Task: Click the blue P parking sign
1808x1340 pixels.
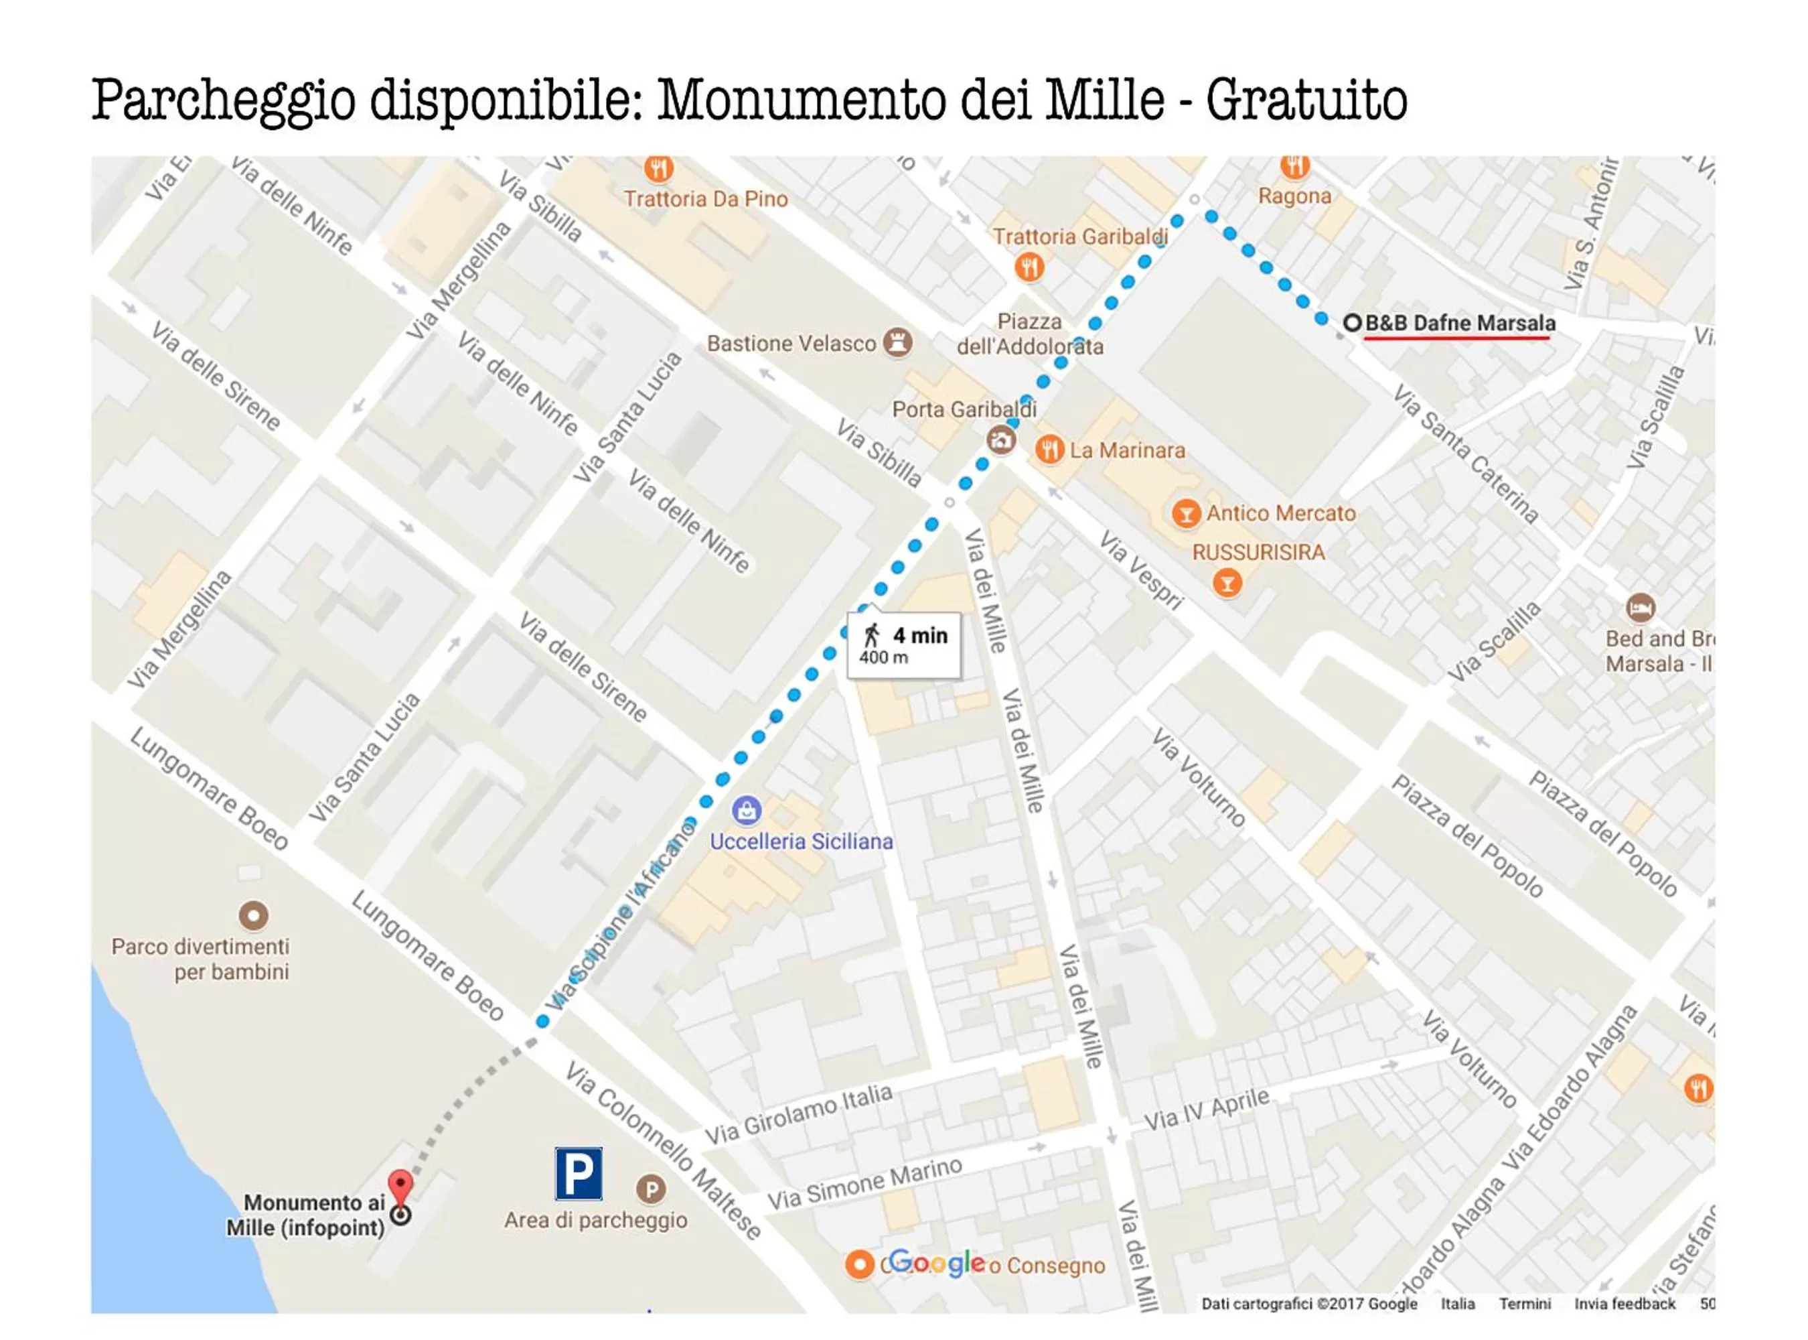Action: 578,1173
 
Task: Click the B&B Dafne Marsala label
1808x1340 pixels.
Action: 1459,323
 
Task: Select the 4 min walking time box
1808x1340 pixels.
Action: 904,645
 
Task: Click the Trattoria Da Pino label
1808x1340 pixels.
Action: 705,199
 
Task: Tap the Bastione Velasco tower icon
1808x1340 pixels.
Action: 897,342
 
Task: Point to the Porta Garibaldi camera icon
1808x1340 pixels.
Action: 1001,440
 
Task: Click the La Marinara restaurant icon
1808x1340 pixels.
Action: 1049,450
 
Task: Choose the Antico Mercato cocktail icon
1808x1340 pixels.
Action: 1185,513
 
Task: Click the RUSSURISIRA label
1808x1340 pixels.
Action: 1258,552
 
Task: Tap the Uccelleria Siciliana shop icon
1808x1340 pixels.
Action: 746,809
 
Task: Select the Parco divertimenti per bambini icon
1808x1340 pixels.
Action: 253,916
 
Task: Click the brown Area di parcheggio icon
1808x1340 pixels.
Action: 650,1189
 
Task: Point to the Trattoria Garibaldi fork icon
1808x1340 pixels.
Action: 1029,267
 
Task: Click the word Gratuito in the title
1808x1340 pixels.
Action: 1305,100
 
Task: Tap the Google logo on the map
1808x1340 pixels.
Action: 936,1262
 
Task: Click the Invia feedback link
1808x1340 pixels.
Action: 1624,1304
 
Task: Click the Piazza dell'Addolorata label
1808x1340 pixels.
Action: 1030,334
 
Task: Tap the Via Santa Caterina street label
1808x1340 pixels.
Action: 1465,454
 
